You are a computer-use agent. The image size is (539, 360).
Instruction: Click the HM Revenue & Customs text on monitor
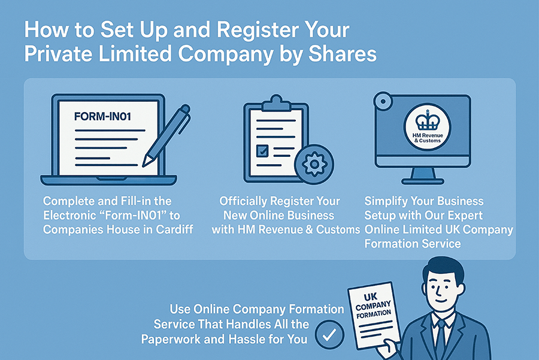426,138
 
